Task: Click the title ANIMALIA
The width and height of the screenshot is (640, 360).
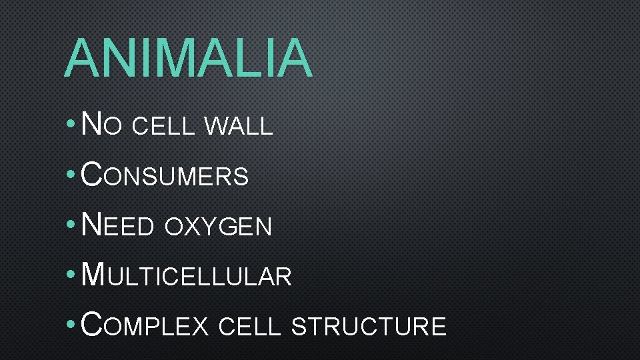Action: pyautogui.click(x=188, y=59)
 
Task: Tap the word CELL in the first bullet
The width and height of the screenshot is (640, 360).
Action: pyautogui.click(x=164, y=126)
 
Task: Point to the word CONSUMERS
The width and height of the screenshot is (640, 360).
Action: pyautogui.click(x=164, y=175)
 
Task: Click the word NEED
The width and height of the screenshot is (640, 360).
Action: pyautogui.click(x=117, y=225)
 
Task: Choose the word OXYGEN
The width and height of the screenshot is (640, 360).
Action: pyautogui.click(x=219, y=227)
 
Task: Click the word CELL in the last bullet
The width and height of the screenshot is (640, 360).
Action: pyautogui.click(x=249, y=327)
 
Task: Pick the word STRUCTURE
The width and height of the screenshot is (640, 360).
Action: pyautogui.click(x=369, y=327)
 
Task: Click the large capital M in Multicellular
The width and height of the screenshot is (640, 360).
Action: pyautogui.click(x=92, y=274)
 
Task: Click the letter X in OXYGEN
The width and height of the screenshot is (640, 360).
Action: pyautogui.click(x=193, y=227)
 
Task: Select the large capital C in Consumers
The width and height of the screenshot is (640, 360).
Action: pyautogui.click(x=91, y=175)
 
